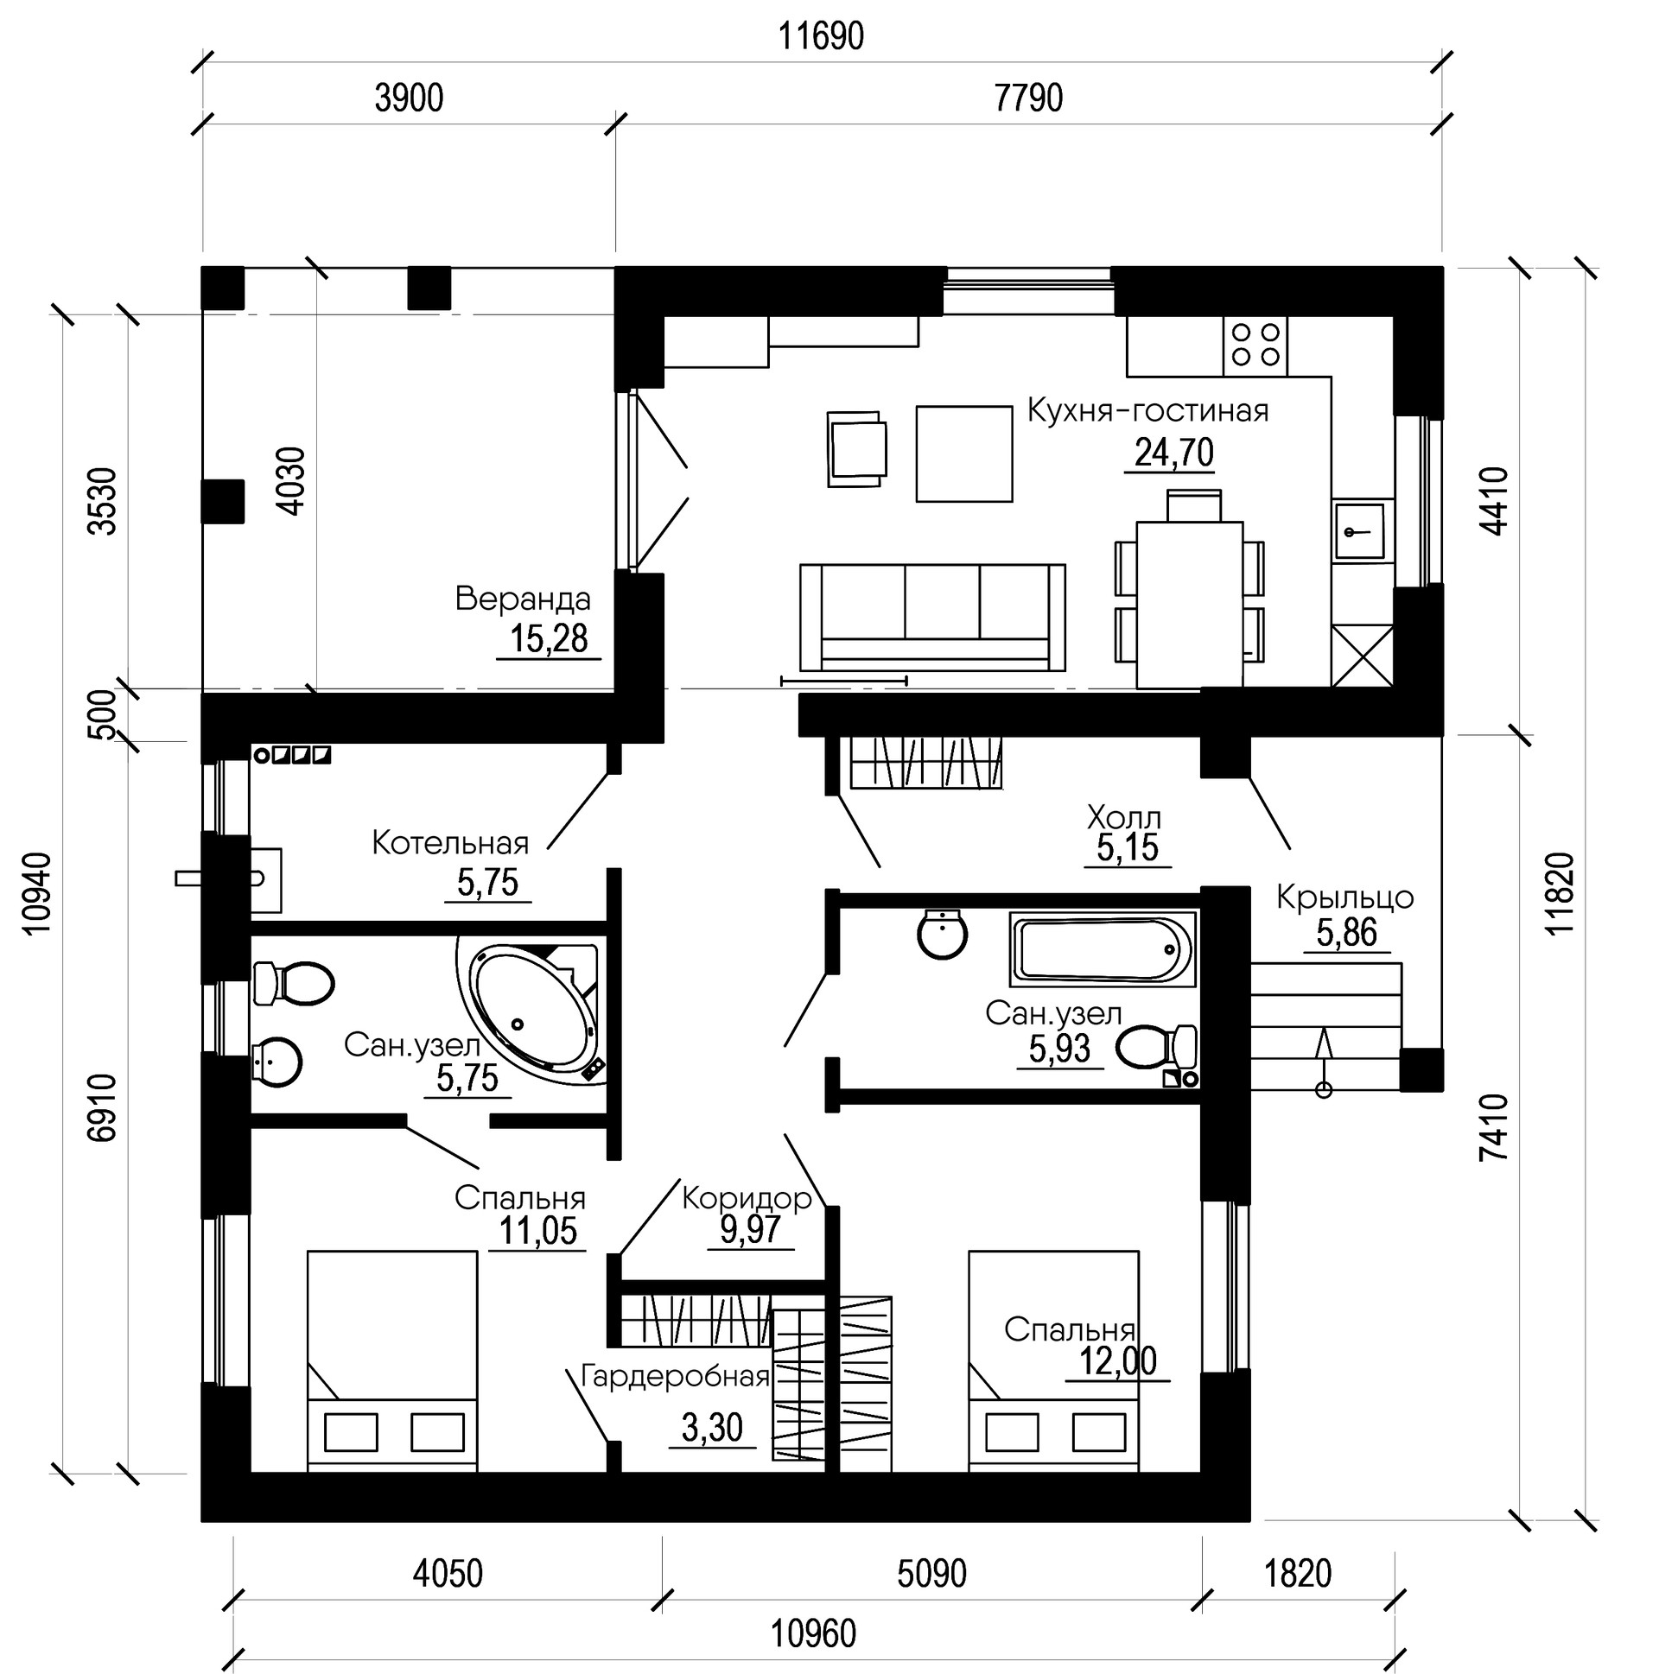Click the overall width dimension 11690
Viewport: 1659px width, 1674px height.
click(x=820, y=36)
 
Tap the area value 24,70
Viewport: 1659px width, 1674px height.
click(x=1173, y=453)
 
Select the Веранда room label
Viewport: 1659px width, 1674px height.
click(x=523, y=599)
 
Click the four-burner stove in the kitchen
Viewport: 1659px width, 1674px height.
click(x=1255, y=346)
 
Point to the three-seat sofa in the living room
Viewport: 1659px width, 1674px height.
click(x=931, y=616)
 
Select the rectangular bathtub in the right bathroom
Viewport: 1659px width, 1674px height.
click(x=1103, y=948)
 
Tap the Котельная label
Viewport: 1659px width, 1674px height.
click(x=450, y=842)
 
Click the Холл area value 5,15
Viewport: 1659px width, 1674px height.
click(x=1127, y=848)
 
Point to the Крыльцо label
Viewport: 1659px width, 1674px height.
click(x=1344, y=897)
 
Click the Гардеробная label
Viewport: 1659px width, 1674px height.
click(x=675, y=1377)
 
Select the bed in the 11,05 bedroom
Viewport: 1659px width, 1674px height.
click(x=391, y=1360)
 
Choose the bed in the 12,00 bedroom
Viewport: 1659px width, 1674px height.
click(x=1053, y=1360)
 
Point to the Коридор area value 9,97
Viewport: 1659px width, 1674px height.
click(x=750, y=1229)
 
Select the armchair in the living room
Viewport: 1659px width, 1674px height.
click(x=856, y=449)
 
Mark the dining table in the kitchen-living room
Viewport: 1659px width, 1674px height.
click(x=1189, y=604)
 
